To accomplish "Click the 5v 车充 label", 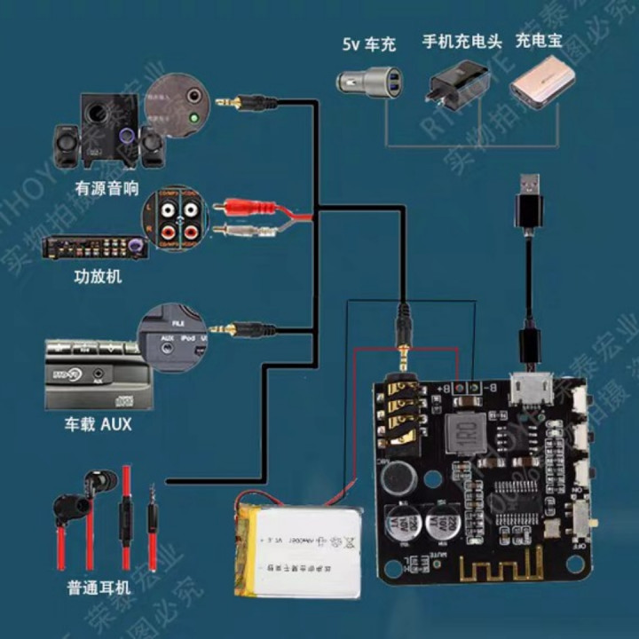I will pyautogui.click(x=368, y=43).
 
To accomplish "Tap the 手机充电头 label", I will pyautogui.click(x=461, y=42).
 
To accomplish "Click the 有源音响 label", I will pyautogui.click(x=106, y=188).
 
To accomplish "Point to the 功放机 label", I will pyautogui.click(x=99, y=277).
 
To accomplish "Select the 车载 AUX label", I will pyautogui.click(x=99, y=424).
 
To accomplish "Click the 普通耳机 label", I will pyautogui.click(x=99, y=588).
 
